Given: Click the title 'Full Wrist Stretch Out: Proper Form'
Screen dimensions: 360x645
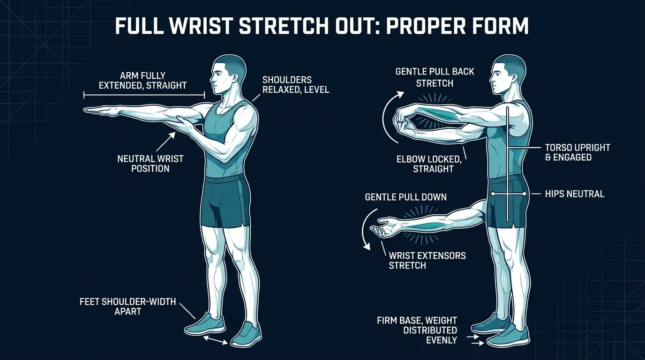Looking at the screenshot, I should click(x=322, y=27).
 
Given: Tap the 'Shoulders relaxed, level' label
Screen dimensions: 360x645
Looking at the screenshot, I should click(x=295, y=84).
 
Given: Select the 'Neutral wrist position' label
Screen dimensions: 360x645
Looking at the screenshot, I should click(x=150, y=164).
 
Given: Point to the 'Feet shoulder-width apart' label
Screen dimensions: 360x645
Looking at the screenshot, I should click(x=127, y=306).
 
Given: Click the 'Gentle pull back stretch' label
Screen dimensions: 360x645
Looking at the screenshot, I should click(x=435, y=77).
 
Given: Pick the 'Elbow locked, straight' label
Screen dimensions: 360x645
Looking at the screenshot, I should click(x=428, y=164).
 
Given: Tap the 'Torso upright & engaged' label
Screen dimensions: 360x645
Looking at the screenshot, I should click(x=577, y=152).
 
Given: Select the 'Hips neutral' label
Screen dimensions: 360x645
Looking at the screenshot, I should click(x=575, y=194).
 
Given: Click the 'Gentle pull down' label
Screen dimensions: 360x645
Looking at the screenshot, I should click(x=405, y=197).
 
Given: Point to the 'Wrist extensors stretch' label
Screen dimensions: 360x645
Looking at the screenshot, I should click(x=427, y=261).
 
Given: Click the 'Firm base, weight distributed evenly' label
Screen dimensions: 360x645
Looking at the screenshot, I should click(x=417, y=330).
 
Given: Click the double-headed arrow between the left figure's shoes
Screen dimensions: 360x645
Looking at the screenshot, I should click(x=216, y=339).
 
